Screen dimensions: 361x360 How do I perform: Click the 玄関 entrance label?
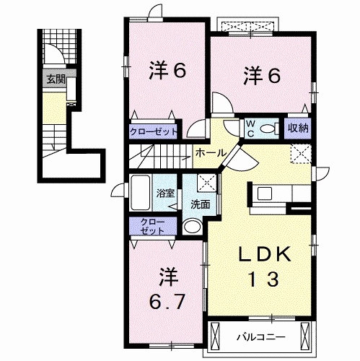point(55,79)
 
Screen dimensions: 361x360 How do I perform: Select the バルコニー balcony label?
point(260,336)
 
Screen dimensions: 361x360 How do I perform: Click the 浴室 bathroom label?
point(166,193)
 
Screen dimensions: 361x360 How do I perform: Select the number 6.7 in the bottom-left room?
point(167,297)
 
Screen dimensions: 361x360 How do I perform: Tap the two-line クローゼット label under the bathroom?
point(152,225)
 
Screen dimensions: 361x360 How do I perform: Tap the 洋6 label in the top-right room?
point(261,74)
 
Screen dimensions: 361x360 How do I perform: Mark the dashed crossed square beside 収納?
point(301,153)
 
